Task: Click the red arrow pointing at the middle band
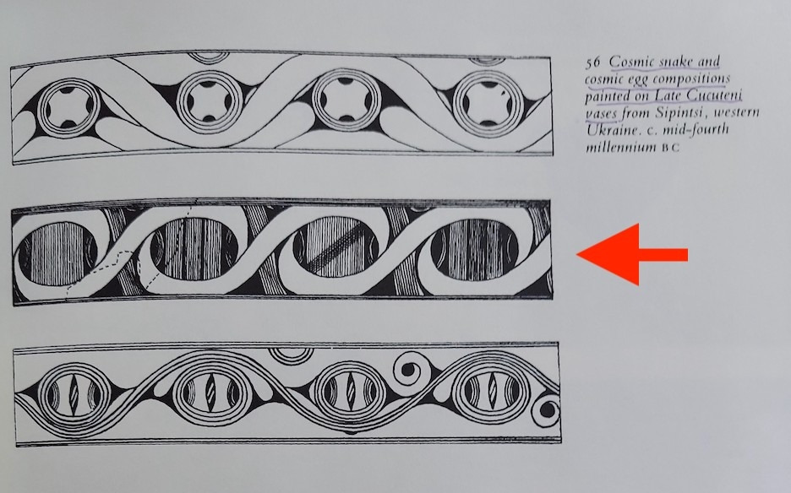pos(632,255)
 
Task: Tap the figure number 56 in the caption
pos(592,62)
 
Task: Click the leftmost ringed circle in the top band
pos(67,108)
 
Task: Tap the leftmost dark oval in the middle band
pos(57,254)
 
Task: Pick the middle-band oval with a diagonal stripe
pos(335,247)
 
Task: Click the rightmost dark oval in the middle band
pos(474,250)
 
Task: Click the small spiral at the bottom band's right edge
pos(546,410)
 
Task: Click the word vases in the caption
pos(602,112)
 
